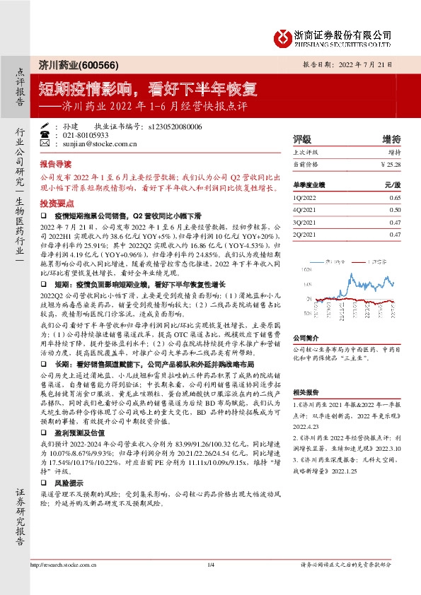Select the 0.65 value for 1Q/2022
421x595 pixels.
coord(395,199)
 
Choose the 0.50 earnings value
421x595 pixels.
coord(395,211)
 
